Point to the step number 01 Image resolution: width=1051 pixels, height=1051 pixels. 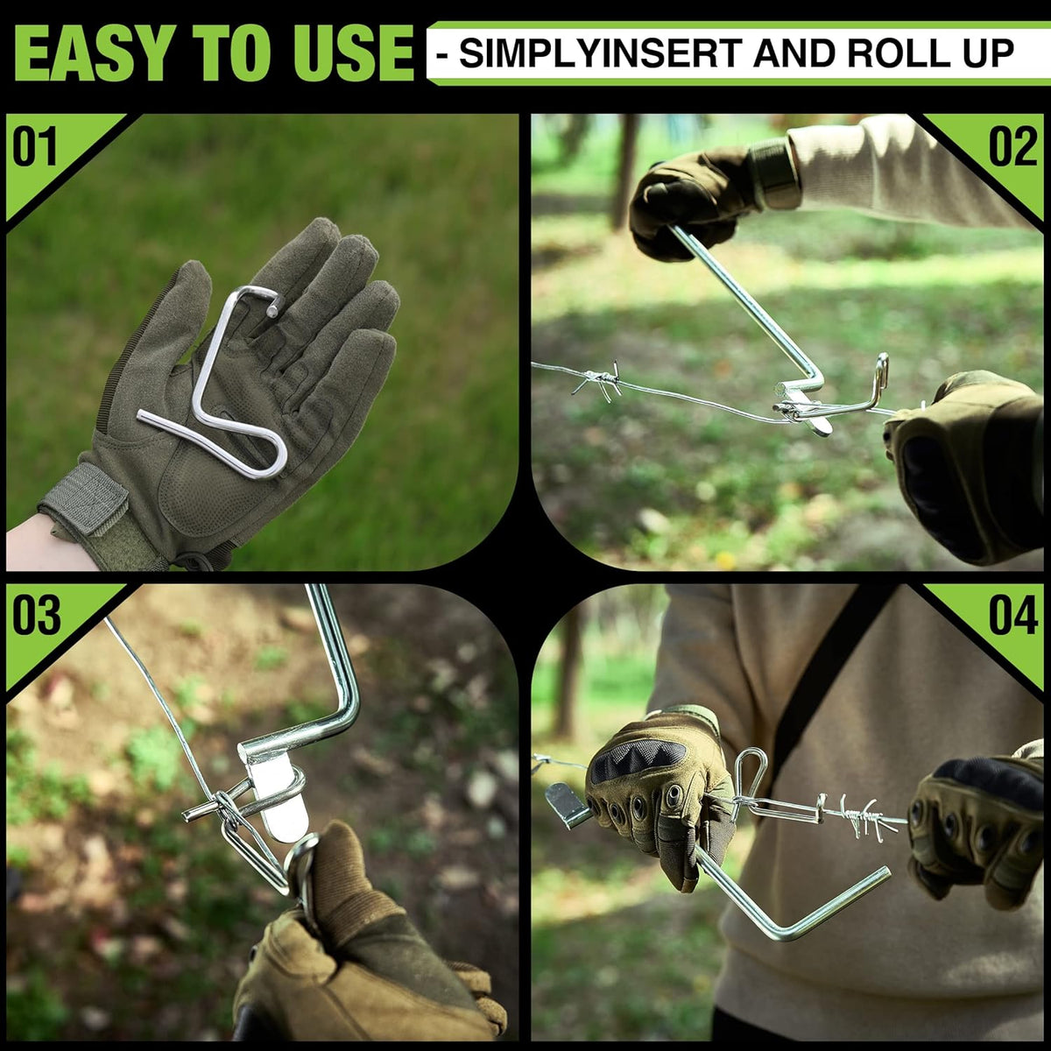[35, 147]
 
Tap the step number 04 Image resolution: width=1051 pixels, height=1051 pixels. [1013, 615]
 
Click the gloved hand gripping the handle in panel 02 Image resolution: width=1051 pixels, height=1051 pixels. [692, 201]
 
